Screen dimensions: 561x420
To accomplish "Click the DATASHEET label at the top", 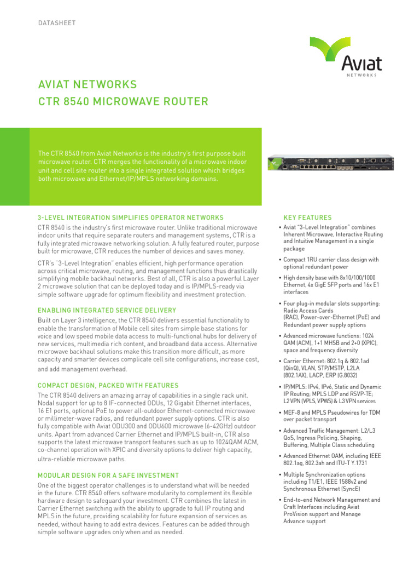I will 56,23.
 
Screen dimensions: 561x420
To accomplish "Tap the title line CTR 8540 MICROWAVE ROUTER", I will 122,101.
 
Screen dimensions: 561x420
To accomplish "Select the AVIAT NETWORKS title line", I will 87,85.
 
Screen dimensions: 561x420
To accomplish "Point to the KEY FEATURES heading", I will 307,217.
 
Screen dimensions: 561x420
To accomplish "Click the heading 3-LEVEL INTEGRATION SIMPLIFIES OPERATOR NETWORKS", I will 130,217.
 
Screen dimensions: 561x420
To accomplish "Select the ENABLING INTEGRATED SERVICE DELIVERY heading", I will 107,310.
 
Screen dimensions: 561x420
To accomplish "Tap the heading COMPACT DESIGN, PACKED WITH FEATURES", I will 108,386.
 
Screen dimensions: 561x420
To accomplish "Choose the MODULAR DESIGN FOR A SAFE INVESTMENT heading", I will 108,475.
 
